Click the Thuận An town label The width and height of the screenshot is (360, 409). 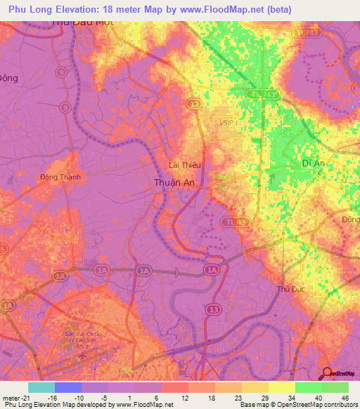coord(174,182)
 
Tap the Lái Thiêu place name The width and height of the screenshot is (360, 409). coord(186,165)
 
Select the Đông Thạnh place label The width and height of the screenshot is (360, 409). coord(60,177)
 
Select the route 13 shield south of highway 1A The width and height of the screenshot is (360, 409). coord(212,309)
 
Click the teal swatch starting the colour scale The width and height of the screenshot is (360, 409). coord(41,387)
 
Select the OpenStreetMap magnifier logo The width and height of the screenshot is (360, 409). coord(327,374)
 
